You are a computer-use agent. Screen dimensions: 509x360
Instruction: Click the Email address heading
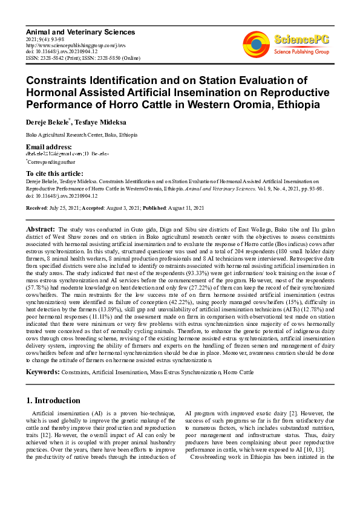coord(48,148)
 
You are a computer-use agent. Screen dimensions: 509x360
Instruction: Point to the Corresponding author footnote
coord(48,162)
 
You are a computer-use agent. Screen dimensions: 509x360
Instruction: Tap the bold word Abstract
coord(41,230)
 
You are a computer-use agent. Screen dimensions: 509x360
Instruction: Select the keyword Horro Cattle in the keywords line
coord(238,373)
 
